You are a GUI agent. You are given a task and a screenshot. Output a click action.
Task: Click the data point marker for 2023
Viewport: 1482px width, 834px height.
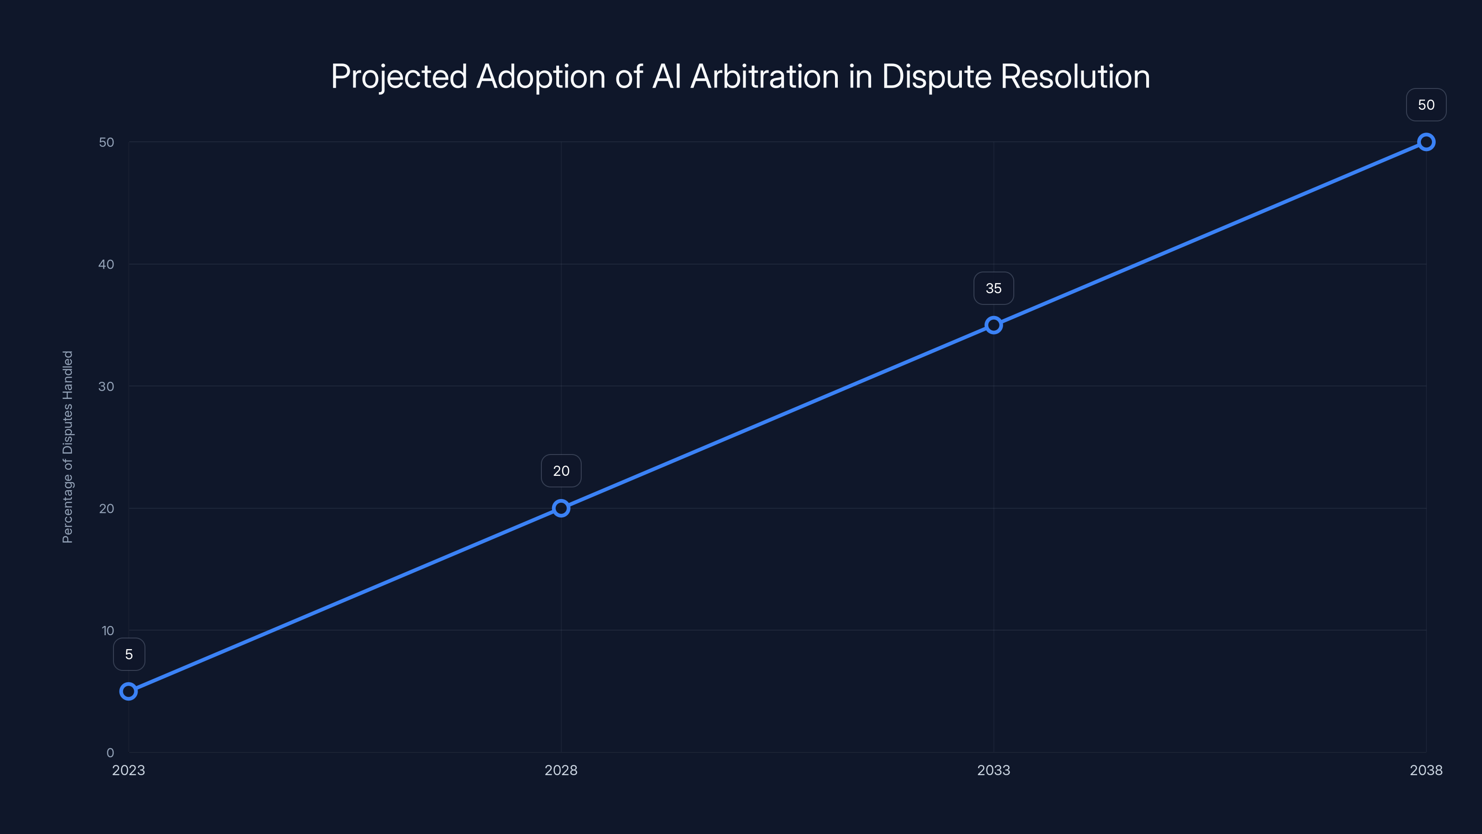point(129,691)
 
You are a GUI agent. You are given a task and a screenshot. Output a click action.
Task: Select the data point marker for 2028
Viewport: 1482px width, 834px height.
point(561,508)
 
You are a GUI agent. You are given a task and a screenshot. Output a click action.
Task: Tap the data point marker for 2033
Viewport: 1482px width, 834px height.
point(993,325)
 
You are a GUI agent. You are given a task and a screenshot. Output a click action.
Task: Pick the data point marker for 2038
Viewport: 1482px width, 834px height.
point(1426,142)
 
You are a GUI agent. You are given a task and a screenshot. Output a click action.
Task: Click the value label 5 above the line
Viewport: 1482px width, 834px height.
point(129,654)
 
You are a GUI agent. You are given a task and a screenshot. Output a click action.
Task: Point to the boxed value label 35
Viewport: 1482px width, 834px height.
point(993,288)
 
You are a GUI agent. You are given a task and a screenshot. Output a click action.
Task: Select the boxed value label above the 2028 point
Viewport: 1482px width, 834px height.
point(561,471)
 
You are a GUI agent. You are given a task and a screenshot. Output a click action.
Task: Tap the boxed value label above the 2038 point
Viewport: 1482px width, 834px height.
point(1426,105)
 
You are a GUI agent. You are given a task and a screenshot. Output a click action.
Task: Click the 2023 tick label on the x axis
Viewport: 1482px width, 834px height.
point(129,770)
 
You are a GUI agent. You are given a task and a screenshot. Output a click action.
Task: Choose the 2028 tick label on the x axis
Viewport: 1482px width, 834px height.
point(561,770)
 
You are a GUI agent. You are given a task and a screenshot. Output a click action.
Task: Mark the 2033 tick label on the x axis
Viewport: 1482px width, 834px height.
point(993,770)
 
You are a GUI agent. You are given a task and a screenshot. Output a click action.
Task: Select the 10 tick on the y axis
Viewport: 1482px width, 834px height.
point(107,631)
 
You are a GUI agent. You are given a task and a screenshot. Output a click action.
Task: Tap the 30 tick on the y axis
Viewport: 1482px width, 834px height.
point(107,386)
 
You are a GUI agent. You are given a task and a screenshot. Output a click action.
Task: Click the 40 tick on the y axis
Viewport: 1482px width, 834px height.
point(107,264)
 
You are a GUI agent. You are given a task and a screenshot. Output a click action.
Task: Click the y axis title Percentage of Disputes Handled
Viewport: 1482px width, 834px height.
point(68,447)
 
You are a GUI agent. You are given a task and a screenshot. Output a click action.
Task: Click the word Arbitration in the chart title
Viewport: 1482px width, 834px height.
point(765,76)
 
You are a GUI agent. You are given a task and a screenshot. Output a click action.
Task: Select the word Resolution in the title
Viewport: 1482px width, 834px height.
point(1074,76)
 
